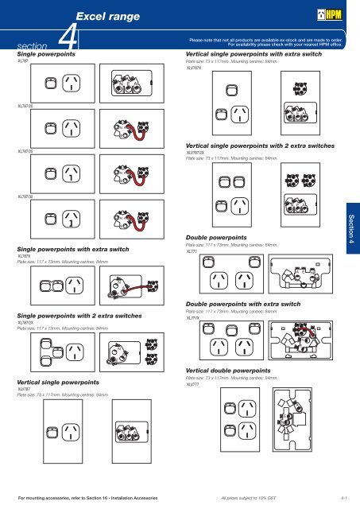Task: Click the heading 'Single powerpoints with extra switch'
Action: (x=73, y=249)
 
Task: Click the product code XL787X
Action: (x=24, y=256)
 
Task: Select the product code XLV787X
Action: (x=193, y=68)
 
